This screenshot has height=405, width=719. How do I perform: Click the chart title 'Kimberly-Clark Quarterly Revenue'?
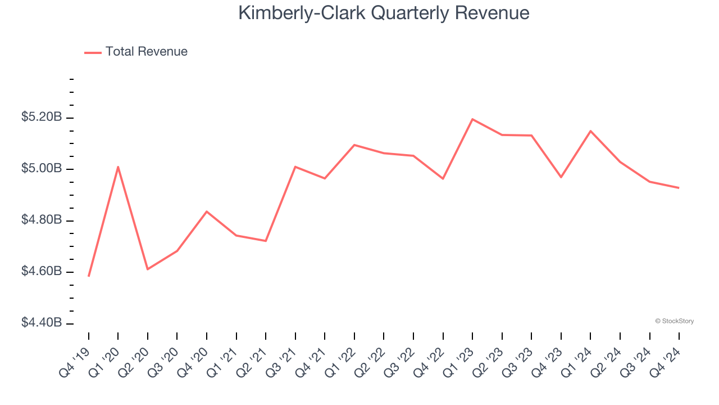[384, 13]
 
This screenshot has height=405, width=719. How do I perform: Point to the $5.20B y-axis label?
[42, 118]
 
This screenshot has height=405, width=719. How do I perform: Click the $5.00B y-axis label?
[42, 169]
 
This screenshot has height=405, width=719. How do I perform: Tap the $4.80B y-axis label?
[42, 220]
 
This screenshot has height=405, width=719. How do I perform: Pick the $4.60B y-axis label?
[42, 272]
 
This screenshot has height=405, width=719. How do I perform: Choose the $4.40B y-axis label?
[42, 323]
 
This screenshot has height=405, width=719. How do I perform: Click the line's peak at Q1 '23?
[472, 119]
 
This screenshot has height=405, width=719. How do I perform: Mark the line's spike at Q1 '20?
[118, 166]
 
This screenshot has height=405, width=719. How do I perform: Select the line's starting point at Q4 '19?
[89, 276]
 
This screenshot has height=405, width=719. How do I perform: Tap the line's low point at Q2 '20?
[148, 269]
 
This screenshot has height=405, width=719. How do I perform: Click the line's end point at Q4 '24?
[679, 188]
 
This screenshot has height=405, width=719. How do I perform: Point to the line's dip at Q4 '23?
[561, 177]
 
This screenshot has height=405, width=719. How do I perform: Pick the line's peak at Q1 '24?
[590, 131]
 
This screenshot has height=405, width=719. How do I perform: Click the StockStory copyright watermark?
[674, 321]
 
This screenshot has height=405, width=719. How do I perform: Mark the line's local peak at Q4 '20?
[207, 211]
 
